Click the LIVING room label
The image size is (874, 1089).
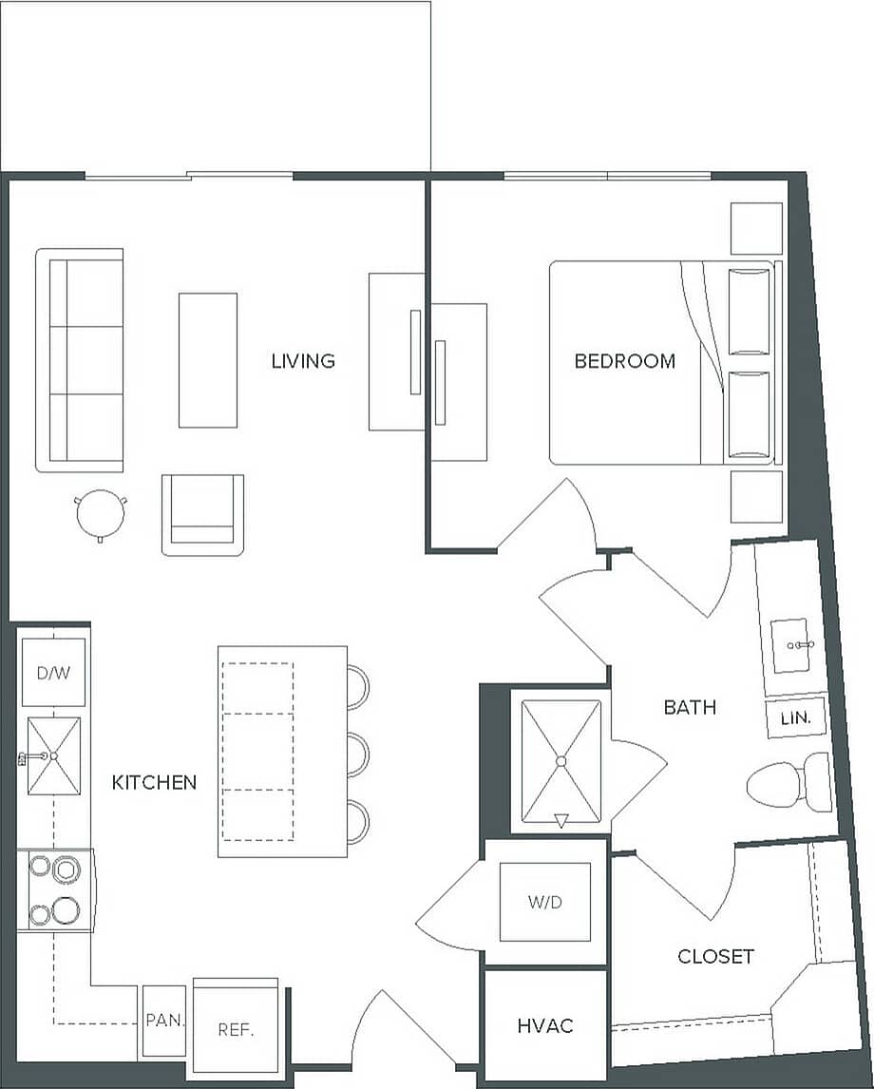click(303, 361)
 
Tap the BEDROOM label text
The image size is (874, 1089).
click(625, 361)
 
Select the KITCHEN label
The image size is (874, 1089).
click(155, 783)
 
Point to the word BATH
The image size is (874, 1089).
click(690, 707)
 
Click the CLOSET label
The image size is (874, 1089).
click(715, 956)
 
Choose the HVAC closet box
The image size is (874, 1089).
click(545, 1025)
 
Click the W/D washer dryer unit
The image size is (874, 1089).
click(545, 902)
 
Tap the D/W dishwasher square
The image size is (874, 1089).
click(53, 673)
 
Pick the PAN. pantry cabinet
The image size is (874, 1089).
click(164, 1022)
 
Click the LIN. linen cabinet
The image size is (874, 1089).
click(796, 719)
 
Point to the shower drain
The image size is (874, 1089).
click(560, 761)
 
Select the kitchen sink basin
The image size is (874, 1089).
click(53, 755)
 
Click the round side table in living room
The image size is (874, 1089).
click(100, 514)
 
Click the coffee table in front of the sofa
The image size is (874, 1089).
click(207, 360)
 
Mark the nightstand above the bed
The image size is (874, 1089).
click(756, 228)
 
